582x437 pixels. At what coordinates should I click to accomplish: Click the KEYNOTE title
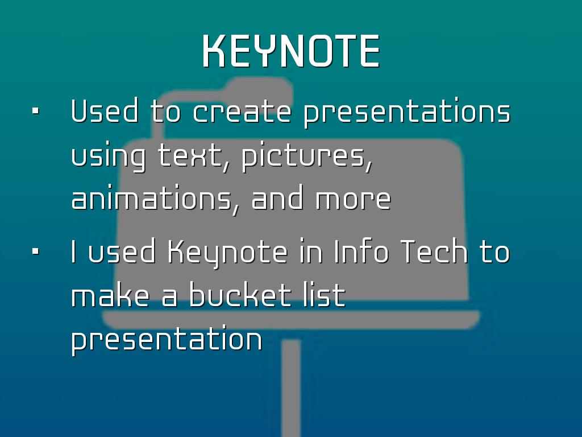tap(291, 51)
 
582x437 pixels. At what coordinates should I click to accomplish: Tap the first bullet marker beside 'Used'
tap(36, 111)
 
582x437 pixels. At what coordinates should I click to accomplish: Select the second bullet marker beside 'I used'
tap(36, 252)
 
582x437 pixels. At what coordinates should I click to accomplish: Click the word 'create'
tap(242, 111)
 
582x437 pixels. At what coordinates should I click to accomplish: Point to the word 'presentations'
tap(407, 113)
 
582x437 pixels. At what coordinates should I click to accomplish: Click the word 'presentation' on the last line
tap(167, 340)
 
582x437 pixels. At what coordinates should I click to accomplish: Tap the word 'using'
tap(108, 158)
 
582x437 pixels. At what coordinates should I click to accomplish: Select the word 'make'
tap(110, 295)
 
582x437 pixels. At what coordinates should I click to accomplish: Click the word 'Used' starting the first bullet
tap(105, 111)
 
